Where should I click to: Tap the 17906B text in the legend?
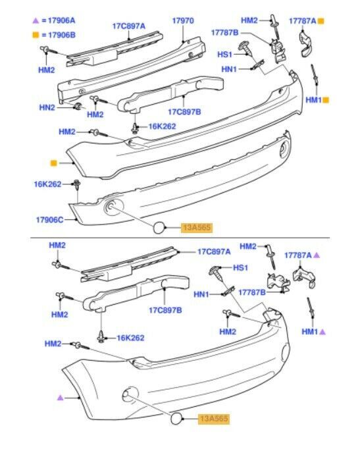(61, 34)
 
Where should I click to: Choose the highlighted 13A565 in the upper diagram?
(198, 228)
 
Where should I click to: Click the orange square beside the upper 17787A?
(321, 21)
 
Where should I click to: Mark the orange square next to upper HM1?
(326, 100)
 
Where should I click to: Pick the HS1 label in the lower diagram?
(240, 268)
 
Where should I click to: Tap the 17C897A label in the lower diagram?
(214, 251)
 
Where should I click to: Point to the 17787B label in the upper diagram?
(224, 32)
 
